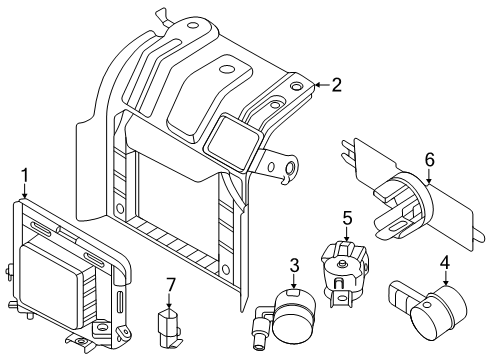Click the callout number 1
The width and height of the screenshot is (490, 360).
pyautogui.click(x=25, y=180)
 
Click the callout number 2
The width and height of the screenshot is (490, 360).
pyautogui.click(x=336, y=86)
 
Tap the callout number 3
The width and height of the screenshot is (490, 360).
pyautogui.click(x=295, y=265)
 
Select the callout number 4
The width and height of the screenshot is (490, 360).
pyautogui.click(x=444, y=265)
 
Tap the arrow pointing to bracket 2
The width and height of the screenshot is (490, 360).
pyautogui.click(x=318, y=86)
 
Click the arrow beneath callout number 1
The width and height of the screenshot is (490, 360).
pyautogui.click(x=25, y=195)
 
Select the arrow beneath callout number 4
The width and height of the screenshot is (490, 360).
pyautogui.click(x=444, y=280)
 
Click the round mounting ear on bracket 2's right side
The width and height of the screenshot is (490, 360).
pyautogui.click(x=290, y=169)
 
